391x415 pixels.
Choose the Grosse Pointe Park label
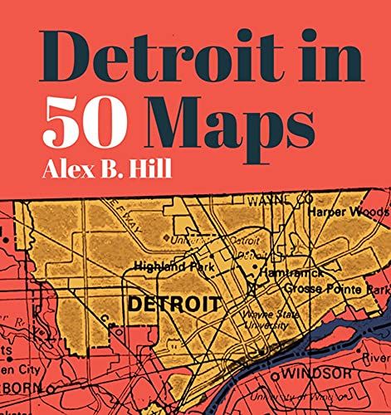click(x=336, y=290)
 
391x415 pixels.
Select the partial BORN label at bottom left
click(x=22, y=387)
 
